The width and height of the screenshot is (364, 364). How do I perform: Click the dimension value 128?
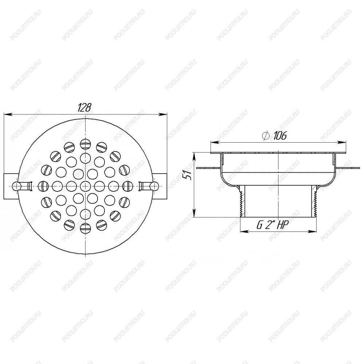84,108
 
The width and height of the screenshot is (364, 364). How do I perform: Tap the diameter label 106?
280,135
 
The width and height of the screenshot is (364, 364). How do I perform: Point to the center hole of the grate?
86,186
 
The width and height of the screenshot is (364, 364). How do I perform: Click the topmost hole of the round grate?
86,143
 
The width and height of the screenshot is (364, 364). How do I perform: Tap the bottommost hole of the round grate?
86,228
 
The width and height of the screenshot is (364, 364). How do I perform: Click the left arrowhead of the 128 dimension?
8,114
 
